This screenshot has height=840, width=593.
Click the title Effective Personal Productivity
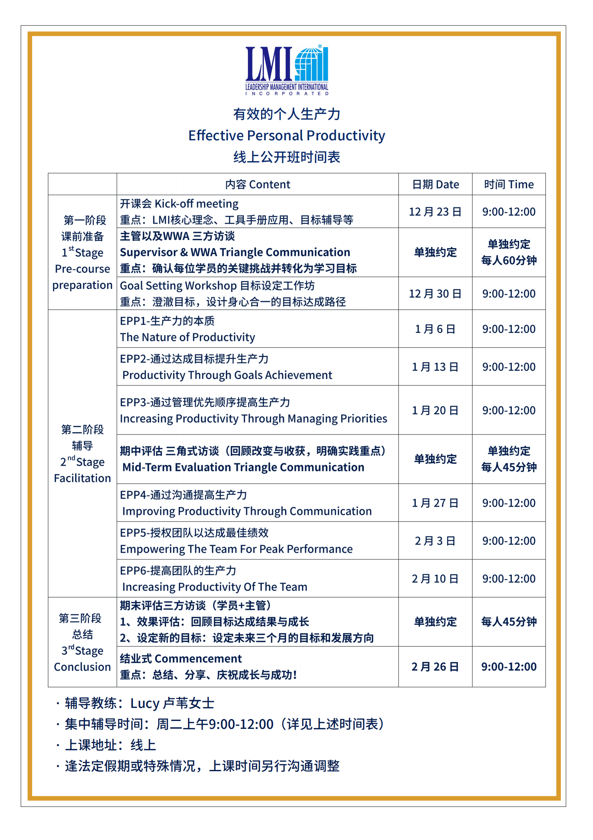point(286,135)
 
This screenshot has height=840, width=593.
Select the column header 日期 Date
point(435,184)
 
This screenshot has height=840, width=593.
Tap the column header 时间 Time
point(508,184)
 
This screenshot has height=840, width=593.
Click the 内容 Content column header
point(258,184)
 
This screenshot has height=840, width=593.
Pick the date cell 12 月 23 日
point(435,212)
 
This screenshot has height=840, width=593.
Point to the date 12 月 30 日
point(435,294)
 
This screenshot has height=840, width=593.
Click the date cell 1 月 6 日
point(435,329)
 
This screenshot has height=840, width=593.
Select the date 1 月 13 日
point(435,367)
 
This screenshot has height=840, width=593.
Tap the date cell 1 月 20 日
point(435,410)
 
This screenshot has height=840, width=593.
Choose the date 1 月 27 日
point(435,503)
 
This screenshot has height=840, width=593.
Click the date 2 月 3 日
point(435,541)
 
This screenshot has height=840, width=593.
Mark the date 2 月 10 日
point(435,578)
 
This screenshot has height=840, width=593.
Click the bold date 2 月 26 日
point(435,666)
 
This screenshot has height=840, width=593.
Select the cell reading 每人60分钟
point(508,260)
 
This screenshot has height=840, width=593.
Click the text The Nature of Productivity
point(187,337)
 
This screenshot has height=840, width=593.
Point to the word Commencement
point(198,659)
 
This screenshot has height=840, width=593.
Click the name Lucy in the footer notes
point(145,703)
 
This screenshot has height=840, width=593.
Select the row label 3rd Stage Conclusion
point(82,659)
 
